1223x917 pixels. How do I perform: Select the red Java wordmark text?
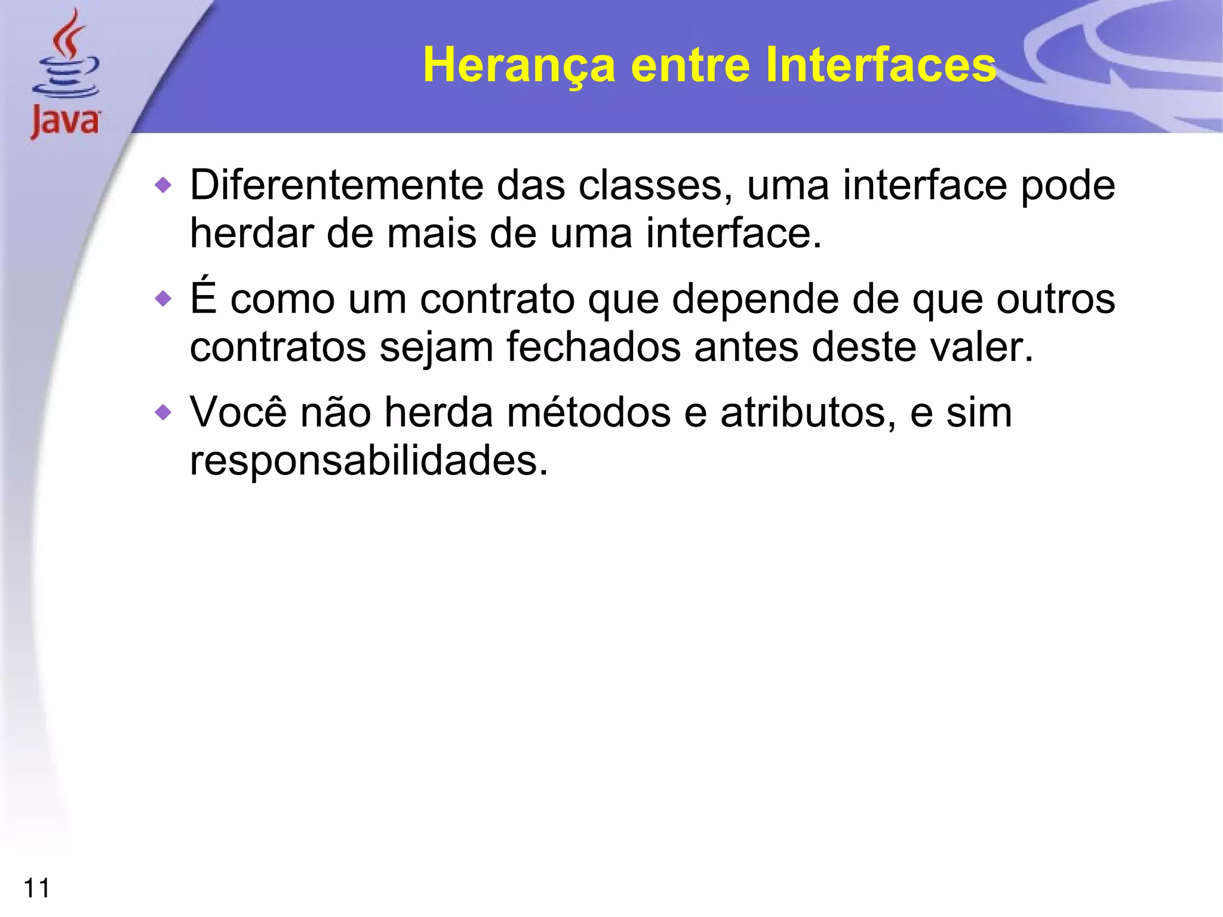click(x=65, y=121)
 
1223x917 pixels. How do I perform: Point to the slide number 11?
click(x=36, y=888)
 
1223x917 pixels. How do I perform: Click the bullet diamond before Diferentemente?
click(x=162, y=185)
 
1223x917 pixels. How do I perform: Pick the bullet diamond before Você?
click(x=162, y=412)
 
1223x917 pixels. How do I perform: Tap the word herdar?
click(x=251, y=233)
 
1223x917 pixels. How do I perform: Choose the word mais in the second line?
click(x=431, y=233)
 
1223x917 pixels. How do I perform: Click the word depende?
click(x=755, y=299)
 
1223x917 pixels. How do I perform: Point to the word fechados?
click(x=593, y=347)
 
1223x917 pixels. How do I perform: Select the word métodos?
click(x=588, y=412)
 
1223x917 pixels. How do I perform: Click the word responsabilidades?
click(x=368, y=461)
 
